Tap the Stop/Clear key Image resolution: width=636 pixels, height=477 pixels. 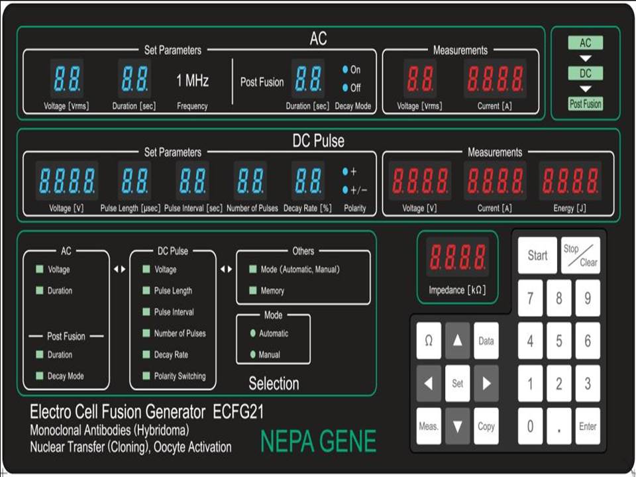click(x=580, y=256)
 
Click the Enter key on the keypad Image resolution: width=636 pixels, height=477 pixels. click(x=588, y=426)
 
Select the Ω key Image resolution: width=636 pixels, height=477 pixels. click(x=429, y=341)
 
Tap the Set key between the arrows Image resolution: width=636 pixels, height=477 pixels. click(x=458, y=384)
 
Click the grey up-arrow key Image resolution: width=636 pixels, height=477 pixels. click(x=458, y=341)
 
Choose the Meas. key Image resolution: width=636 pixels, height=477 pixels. click(x=429, y=426)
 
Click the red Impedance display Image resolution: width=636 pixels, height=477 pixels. click(x=458, y=257)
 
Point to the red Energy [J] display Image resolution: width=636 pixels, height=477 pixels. click(x=570, y=181)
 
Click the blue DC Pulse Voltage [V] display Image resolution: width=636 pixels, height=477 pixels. click(x=67, y=181)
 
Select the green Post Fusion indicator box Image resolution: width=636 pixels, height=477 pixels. click(x=585, y=104)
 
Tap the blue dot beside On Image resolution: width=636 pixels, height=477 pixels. click(x=345, y=70)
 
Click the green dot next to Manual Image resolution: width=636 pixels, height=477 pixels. click(x=252, y=354)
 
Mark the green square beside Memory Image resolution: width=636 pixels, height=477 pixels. click(x=252, y=290)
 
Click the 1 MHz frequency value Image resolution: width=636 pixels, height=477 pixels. click(x=192, y=80)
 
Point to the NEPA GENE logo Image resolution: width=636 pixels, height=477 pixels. click(x=319, y=441)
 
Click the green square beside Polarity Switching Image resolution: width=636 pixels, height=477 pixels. click(x=146, y=376)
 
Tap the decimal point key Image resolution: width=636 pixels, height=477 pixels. click(x=559, y=426)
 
